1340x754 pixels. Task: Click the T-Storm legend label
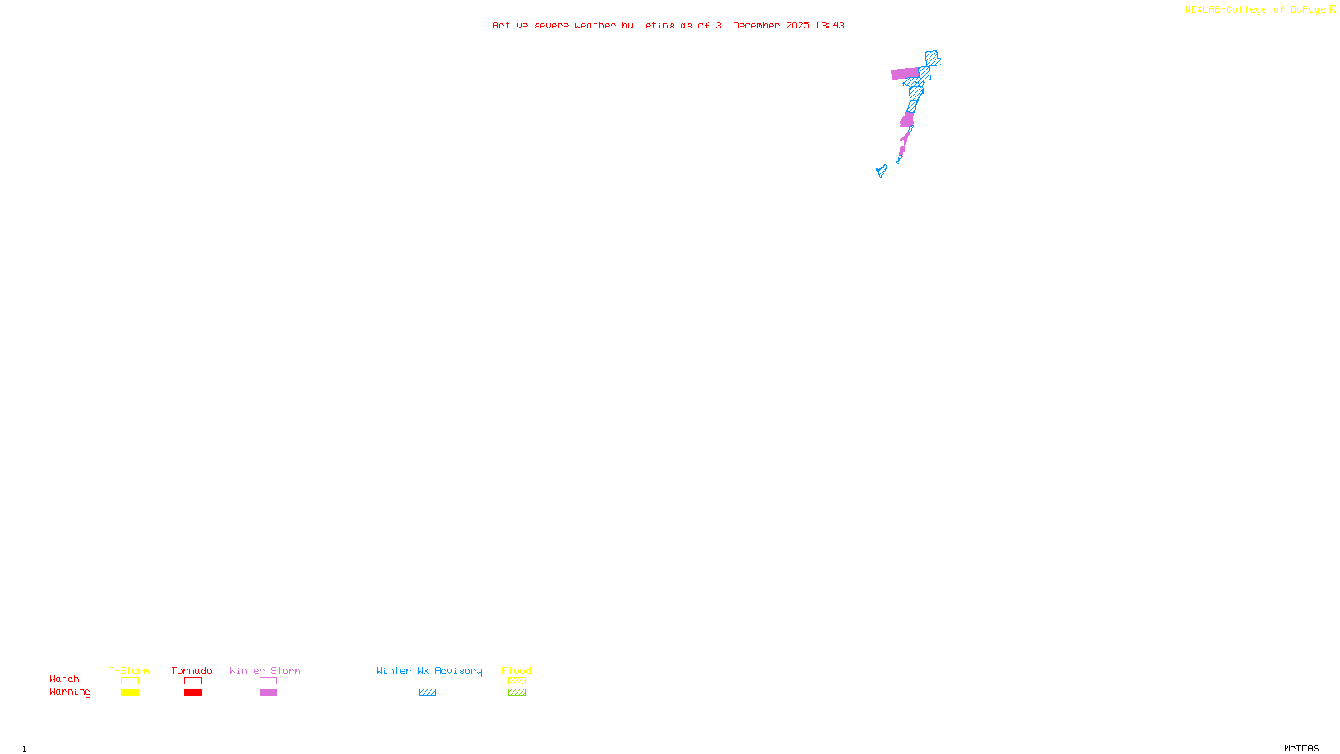(x=129, y=670)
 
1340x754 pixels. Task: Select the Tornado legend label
(x=192, y=670)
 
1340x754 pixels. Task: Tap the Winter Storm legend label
(x=265, y=670)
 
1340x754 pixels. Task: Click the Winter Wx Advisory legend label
(x=429, y=670)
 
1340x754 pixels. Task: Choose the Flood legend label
(x=517, y=670)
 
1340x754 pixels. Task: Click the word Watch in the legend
(x=64, y=679)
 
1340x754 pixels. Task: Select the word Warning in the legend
(x=70, y=692)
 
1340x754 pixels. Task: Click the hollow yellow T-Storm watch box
(x=130, y=681)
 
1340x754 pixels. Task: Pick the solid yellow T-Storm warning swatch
(x=130, y=693)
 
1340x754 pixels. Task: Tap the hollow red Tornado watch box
(x=193, y=681)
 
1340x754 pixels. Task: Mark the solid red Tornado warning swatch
(x=193, y=693)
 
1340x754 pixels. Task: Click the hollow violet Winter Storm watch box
(x=268, y=681)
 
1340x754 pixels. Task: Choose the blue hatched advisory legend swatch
(x=427, y=693)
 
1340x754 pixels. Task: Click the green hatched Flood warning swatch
(x=517, y=693)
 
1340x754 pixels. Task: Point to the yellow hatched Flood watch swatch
(x=517, y=681)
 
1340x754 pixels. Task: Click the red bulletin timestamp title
(x=668, y=25)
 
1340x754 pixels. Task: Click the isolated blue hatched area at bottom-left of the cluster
(x=881, y=171)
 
